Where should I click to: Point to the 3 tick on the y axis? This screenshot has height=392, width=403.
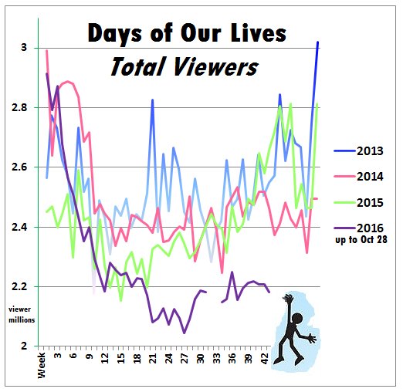tap(23, 48)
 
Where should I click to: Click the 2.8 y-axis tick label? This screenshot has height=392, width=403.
tap(19, 107)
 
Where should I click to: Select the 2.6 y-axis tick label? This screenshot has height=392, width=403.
tap(19, 167)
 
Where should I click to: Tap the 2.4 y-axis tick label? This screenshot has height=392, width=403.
tap(19, 227)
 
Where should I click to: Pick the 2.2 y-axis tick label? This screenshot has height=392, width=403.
tap(19, 286)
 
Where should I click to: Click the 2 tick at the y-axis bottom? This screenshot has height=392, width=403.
tap(23, 346)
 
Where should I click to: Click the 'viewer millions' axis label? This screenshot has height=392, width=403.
tap(22, 314)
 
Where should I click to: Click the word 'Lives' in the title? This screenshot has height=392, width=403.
tap(257, 35)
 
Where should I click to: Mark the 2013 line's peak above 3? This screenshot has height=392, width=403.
tap(317, 42)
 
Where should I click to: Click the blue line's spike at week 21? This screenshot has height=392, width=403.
tap(153, 100)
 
